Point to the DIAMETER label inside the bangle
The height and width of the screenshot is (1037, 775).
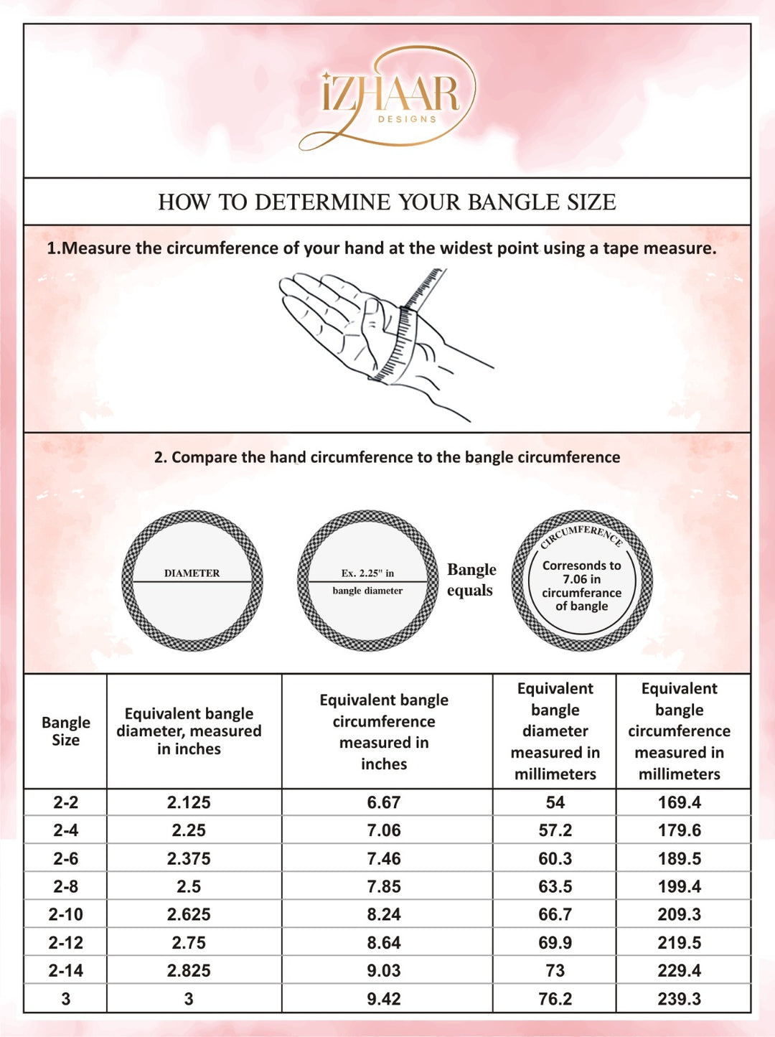(192, 573)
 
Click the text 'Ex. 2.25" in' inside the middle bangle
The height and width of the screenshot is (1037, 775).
(367, 573)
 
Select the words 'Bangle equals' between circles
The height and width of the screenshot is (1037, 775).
(471, 580)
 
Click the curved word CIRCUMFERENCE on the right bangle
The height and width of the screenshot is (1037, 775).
(582, 533)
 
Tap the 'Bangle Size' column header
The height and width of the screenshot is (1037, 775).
(65, 731)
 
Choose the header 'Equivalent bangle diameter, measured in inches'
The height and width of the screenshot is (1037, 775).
(189, 731)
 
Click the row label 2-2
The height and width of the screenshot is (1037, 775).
(65, 802)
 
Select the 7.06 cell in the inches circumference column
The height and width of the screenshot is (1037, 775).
(384, 830)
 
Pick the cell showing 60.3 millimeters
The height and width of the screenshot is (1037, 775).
(555, 858)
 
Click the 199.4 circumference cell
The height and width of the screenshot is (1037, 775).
(679, 886)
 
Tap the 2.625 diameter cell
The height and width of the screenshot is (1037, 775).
(189, 914)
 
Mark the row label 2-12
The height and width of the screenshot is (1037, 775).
(65, 942)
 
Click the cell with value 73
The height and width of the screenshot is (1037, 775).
(555, 970)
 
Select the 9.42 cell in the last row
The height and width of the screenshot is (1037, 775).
(384, 998)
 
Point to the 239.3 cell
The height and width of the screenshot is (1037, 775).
(679, 998)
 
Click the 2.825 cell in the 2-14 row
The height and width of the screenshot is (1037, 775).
(189, 970)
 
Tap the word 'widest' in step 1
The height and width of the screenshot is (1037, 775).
(509, 248)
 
